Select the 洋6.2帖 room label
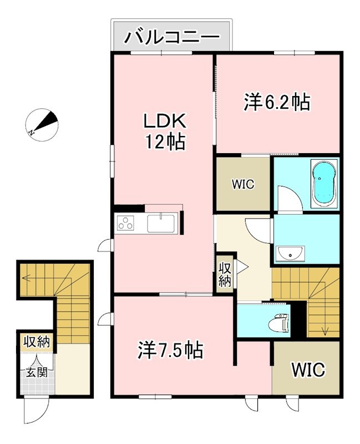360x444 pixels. pos(276,102)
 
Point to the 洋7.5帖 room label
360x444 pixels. pos(170,350)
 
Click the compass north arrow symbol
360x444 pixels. pos(42,125)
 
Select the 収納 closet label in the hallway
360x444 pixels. pos(224,274)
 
